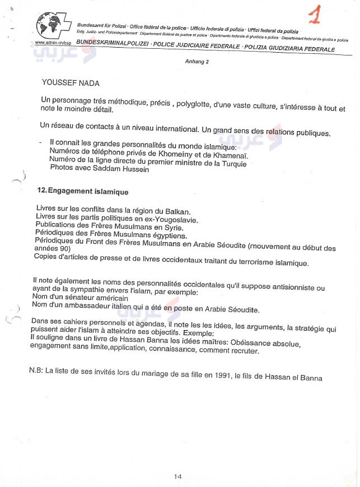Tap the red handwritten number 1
click(x=315, y=16)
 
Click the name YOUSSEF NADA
click(x=71, y=83)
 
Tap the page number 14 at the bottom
click(x=177, y=476)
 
